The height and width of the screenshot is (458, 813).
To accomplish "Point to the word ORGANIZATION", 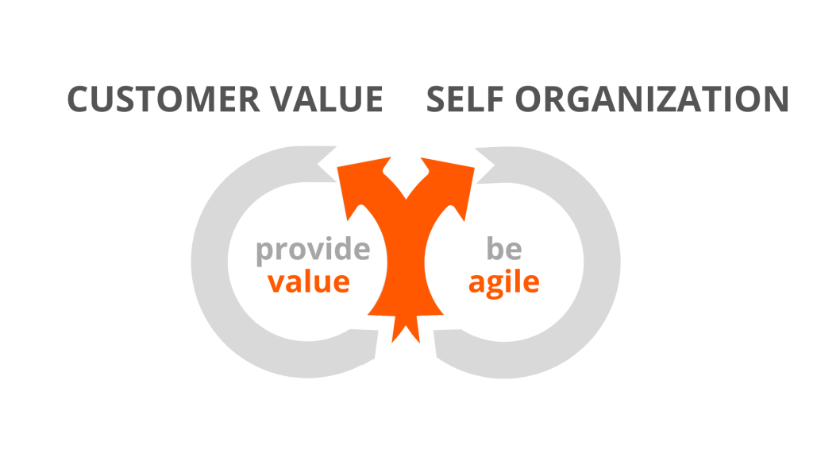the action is (x=652, y=99).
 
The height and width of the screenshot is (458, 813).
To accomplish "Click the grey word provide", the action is (x=313, y=250).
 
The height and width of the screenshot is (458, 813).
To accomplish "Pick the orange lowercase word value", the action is (x=309, y=282).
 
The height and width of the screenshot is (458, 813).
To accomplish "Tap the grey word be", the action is (x=504, y=248).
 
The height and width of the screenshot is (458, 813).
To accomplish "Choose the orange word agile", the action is (x=504, y=284).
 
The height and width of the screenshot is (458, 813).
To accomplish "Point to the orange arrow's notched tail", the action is (x=406, y=327).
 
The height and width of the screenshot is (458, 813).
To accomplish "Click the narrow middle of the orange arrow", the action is (x=406, y=260).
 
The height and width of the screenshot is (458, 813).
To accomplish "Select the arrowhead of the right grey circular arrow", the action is (x=484, y=165).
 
